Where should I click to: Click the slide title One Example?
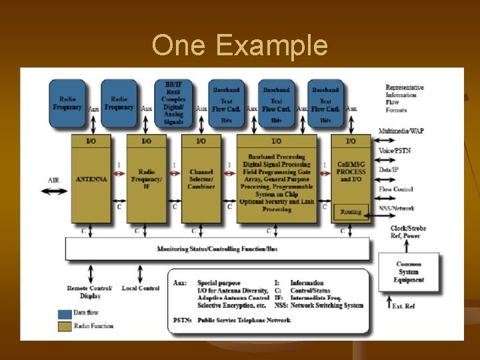(x=239, y=46)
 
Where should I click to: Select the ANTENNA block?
(x=91, y=179)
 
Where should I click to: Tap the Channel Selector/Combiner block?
(x=201, y=179)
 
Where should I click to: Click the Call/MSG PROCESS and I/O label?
(x=351, y=171)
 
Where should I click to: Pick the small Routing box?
(x=351, y=212)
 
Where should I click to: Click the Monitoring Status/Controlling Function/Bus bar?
(x=217, y=249)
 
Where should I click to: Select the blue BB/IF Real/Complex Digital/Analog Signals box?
(x=173, y=103)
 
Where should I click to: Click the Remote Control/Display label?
(x=89, y=291)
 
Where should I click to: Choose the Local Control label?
(x=141, y=288)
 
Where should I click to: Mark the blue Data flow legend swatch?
(x=65, y=313)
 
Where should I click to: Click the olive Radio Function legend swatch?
(x=65, y=326)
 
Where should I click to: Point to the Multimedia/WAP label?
(x=401, y=131)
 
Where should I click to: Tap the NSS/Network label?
(x=397, y=209)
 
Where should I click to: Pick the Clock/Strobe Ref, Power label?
(x=408, y=232)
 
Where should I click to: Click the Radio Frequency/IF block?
(x=146, y=179)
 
